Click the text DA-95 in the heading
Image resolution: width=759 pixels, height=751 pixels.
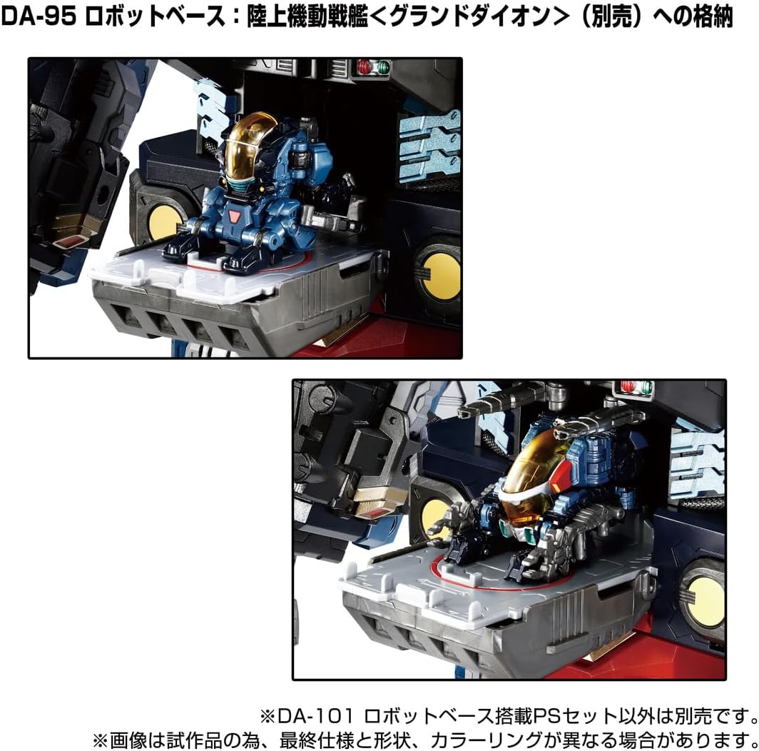[39, 16]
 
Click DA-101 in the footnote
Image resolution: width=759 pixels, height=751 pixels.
[316, 715]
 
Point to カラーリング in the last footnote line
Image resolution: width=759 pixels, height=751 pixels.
[486, 740]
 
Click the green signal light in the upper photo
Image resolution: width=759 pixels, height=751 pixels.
[383, 67]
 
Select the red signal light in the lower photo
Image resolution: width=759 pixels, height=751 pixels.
[628, 387]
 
